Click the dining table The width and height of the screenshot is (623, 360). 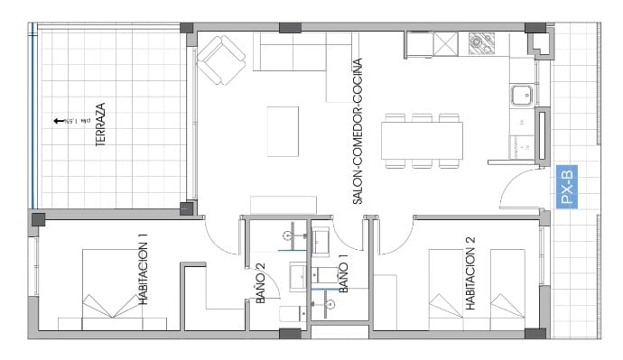tap(422, 141)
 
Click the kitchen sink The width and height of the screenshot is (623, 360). tap(521, 93)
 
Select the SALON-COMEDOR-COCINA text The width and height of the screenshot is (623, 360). tap(358, 131)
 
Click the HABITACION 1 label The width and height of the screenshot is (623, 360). tap(143, 269)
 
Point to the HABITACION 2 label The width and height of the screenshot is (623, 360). tap(470, 273)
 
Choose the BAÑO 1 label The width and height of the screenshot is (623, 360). tap(343, 274)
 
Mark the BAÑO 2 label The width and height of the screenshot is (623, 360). tap(260, 282)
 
